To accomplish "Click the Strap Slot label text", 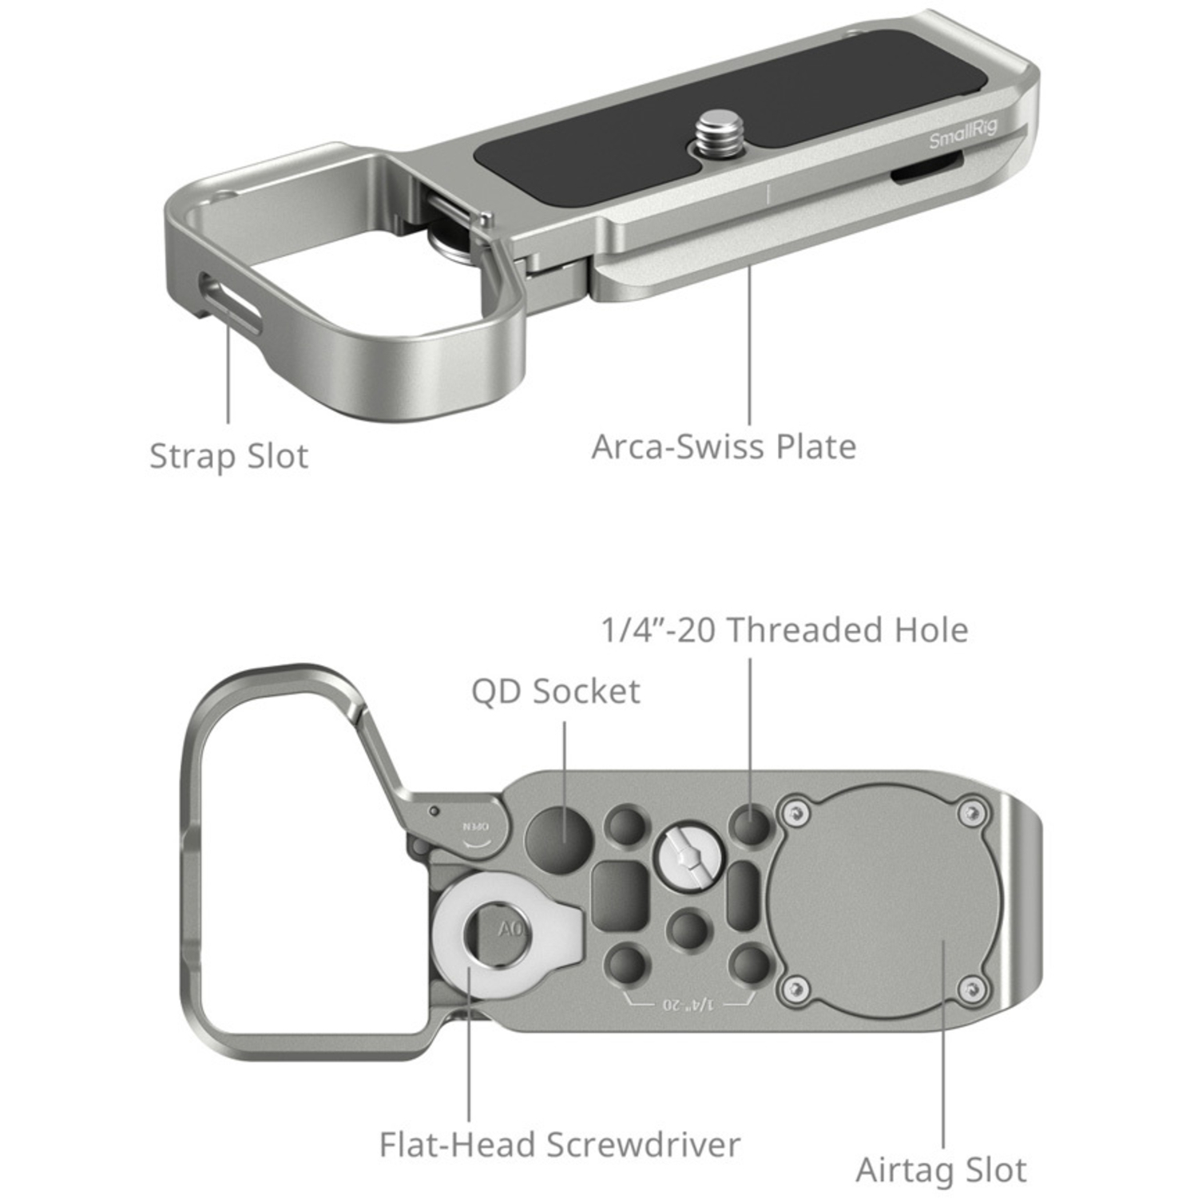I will pos(228,456).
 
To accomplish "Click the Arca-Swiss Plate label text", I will pos(724,446).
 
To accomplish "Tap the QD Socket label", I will pos(555,691).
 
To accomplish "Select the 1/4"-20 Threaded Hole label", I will pos(784,629).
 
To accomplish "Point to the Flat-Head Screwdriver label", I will pos(559,1144).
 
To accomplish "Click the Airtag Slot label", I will pos(941,1170).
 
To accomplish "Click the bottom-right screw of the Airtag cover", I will pos(970,990).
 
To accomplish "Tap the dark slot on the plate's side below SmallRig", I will pos(926,171).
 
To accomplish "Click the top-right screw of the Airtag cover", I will pos(971,814).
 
